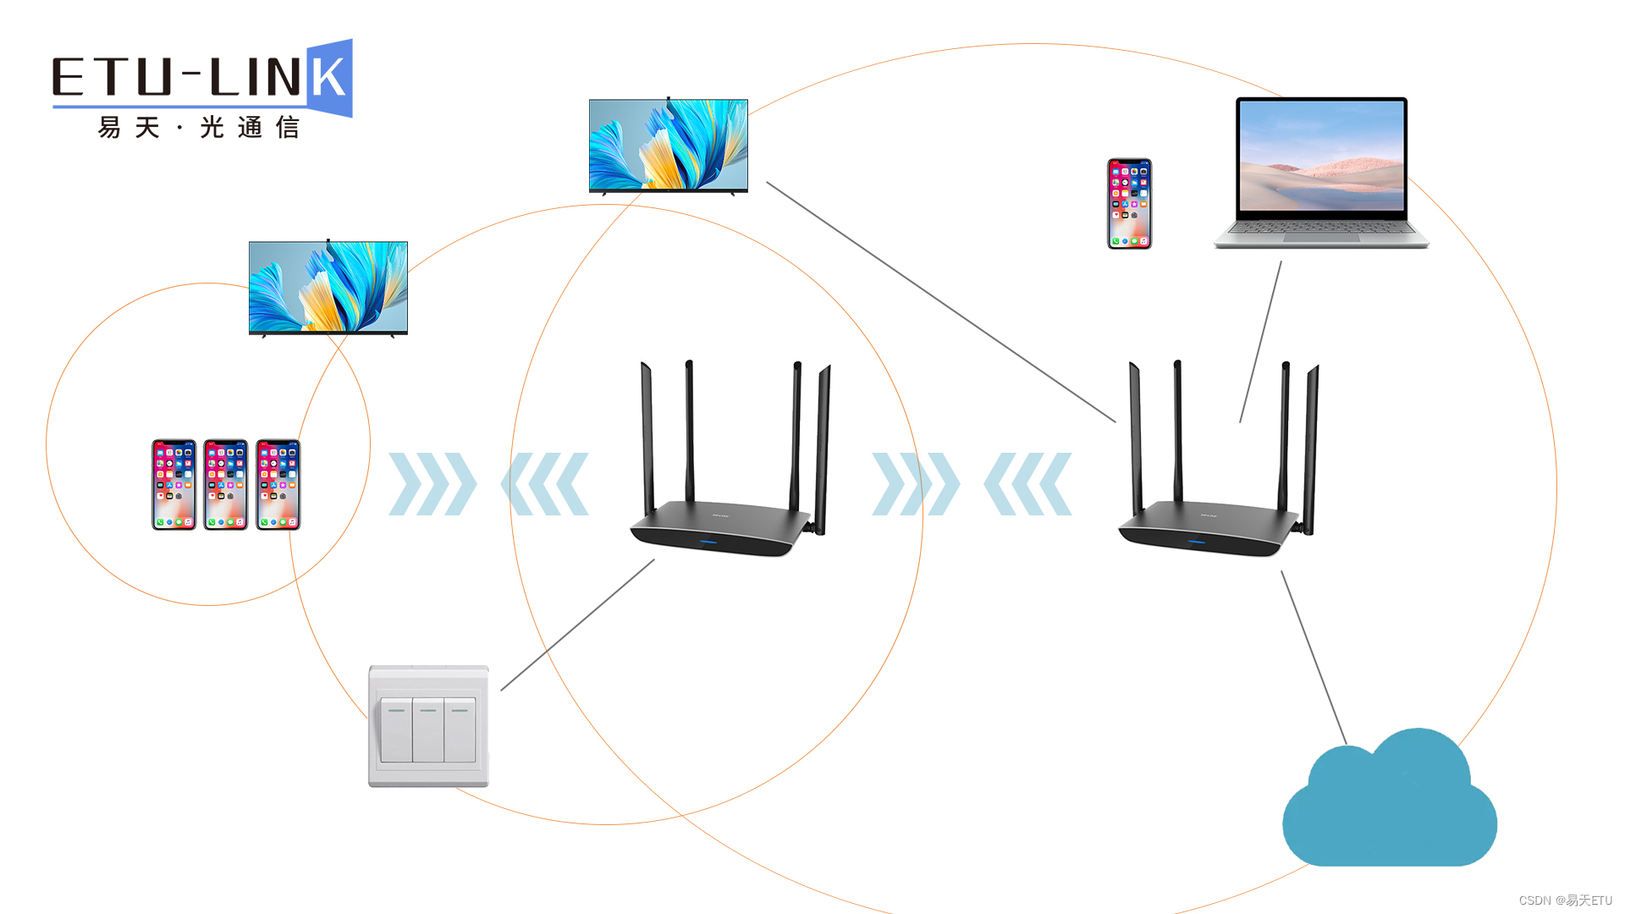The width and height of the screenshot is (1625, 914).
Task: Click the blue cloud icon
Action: point(1390,804)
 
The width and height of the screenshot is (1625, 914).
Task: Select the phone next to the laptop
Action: point(1129,204)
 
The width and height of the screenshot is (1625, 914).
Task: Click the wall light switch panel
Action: point(428,726)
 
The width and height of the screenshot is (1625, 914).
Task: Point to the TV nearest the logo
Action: point(328,288)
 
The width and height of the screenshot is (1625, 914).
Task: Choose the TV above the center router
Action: point(668,146)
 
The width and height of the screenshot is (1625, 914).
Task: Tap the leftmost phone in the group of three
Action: point(174,485)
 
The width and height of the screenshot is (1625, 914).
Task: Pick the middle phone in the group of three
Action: point(226,485)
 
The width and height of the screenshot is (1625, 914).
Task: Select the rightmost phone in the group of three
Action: point(278,485)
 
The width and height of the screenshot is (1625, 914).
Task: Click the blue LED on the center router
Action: point(708,542)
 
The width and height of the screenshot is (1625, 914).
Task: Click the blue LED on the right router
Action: point(1196,542)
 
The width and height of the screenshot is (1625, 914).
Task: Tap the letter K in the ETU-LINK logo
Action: point(328,78)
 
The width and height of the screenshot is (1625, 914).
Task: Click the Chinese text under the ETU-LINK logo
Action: point(199,128)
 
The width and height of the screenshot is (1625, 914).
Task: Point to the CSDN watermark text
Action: point(1565,900)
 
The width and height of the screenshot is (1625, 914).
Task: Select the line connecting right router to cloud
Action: point(1314,658)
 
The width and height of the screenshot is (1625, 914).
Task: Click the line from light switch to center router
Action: point(577,625)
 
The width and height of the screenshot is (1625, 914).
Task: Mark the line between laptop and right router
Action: point(1260,342)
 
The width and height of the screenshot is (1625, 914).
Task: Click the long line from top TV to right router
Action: point(940,301)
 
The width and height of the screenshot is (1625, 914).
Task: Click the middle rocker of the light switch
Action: point(428,730)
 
